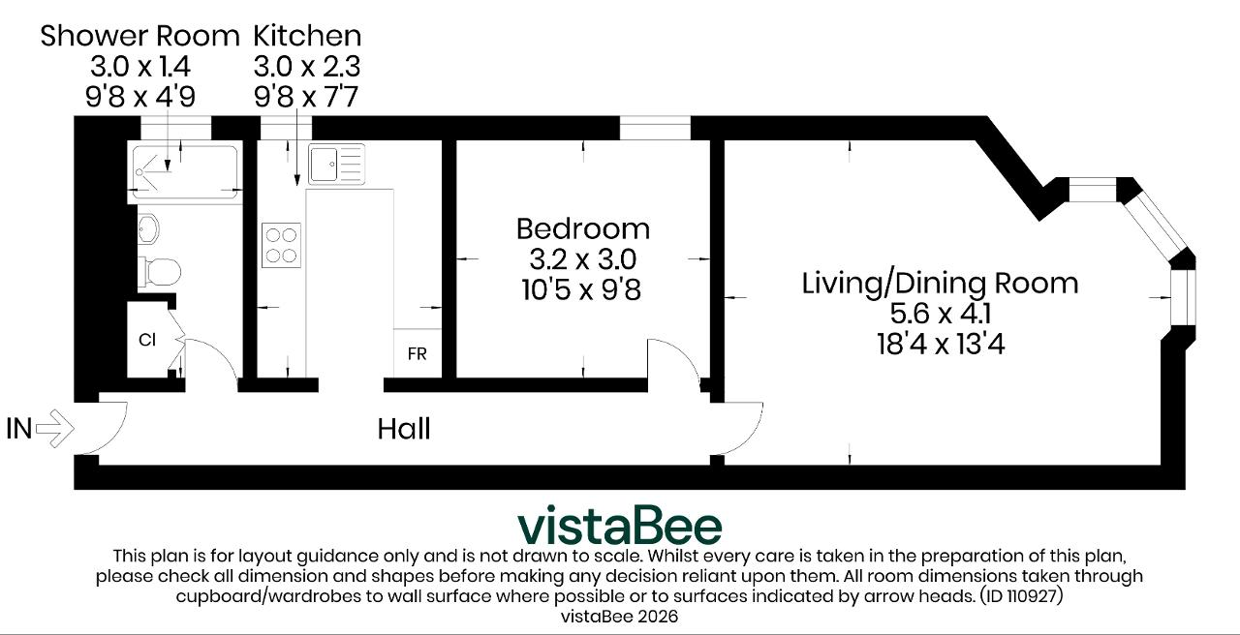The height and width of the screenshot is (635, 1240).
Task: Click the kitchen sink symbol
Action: pyautogui.click(x=336, y=165)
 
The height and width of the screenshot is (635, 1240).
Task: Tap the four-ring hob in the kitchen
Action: pyautogui.click(x=281, y=245)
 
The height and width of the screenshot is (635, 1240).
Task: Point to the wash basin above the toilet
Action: pyautogui.click(x=148, y=228)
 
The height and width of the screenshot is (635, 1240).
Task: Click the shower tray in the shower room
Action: pyautogui.click(x=184, y=172)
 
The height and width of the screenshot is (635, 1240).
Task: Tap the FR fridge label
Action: pyautogui.click(x=417, y=353)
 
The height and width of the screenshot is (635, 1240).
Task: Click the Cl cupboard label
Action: pyautogui.click(x=147, y=340)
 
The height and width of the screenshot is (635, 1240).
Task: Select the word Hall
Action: pyautogui.click(x=404, y=429)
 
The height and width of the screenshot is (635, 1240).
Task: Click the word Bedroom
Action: pyautogui.click(x=583, y=229)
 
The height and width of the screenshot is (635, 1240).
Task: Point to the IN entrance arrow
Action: pyautogui.click(x=54, y=428)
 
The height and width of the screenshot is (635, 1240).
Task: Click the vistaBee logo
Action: pyautogui.click(x=619, y=525)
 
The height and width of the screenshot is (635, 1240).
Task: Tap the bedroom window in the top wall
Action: pyautogui.click(x=655, y=128)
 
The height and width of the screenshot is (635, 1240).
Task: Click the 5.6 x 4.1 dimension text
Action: pyautogui.click(x=940, y=314)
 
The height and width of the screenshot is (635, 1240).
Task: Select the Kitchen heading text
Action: pyautogui.click(x=307, y=36)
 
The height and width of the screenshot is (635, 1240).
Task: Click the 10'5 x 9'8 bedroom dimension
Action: pyautogui.click(x=581, y=289)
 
